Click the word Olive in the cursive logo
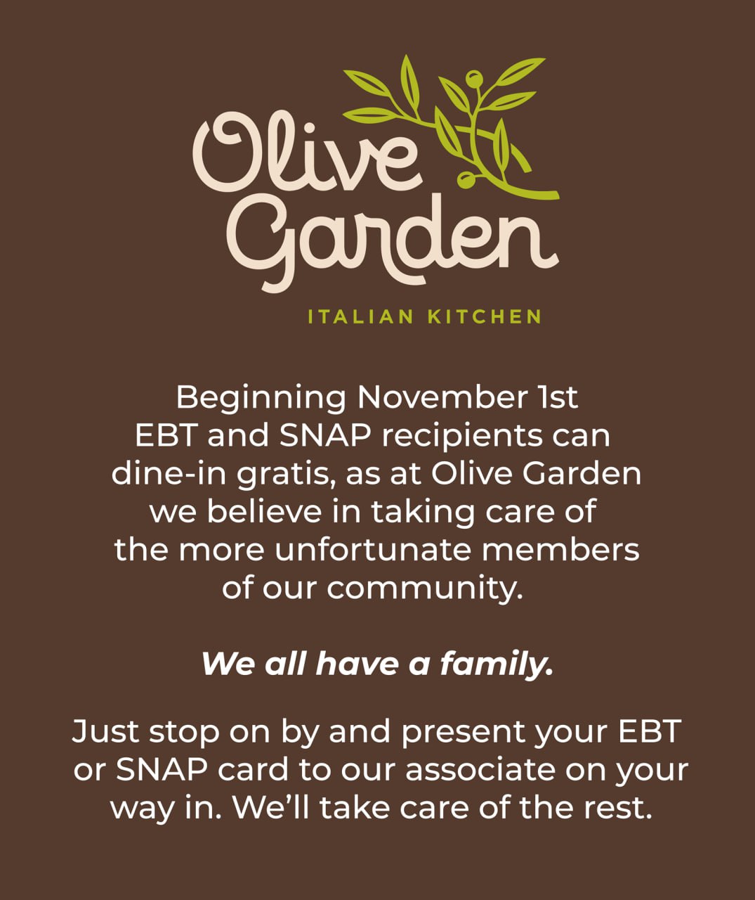(x=307, y=151)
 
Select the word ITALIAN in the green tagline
(x=361, y=317)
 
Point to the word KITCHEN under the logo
(x=485, y=317)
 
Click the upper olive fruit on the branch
(x=474, y=79)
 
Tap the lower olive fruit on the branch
(x=465, y=180)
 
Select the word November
(x=442, y=397)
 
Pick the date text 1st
(x=558, y=397)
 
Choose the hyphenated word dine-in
(x=169, y=473)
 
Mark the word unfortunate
(x=373, y=550)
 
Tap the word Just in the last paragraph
(x=105, y=731)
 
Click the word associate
(x=480, y=770)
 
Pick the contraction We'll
(x=271, y=807)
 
